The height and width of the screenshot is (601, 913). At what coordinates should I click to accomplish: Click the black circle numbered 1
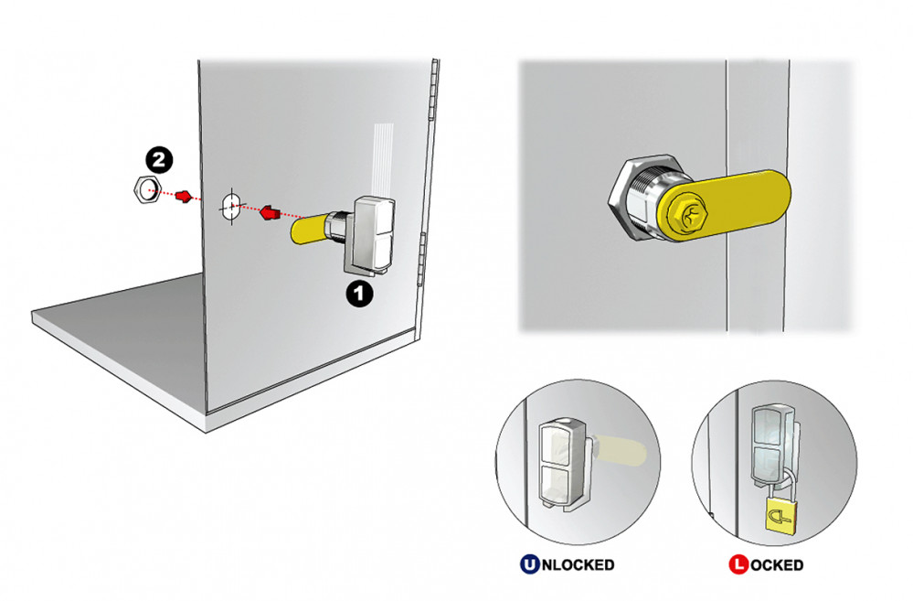point(359,294)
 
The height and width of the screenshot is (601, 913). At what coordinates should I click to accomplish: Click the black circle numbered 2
point(159,160)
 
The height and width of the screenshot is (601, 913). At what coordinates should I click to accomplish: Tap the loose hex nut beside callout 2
point(147,190)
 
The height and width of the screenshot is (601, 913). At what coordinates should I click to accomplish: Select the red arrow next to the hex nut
point(184,197)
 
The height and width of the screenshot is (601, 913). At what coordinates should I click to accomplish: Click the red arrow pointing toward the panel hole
point(268,212)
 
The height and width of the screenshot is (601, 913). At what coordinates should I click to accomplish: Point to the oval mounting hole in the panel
point(230,207)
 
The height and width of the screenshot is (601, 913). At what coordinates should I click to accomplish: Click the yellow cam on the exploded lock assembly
point(310,230)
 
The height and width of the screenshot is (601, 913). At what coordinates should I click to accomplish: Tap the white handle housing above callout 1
point(371,234)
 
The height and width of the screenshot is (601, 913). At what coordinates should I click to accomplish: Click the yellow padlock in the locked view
point(780,515)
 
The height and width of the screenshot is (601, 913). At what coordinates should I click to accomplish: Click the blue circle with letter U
point(529,564)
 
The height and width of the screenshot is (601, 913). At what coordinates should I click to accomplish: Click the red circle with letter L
point(738,564)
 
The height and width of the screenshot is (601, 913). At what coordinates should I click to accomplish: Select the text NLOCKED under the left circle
point(578,564)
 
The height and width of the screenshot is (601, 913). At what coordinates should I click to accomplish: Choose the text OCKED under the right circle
point(777,564)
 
